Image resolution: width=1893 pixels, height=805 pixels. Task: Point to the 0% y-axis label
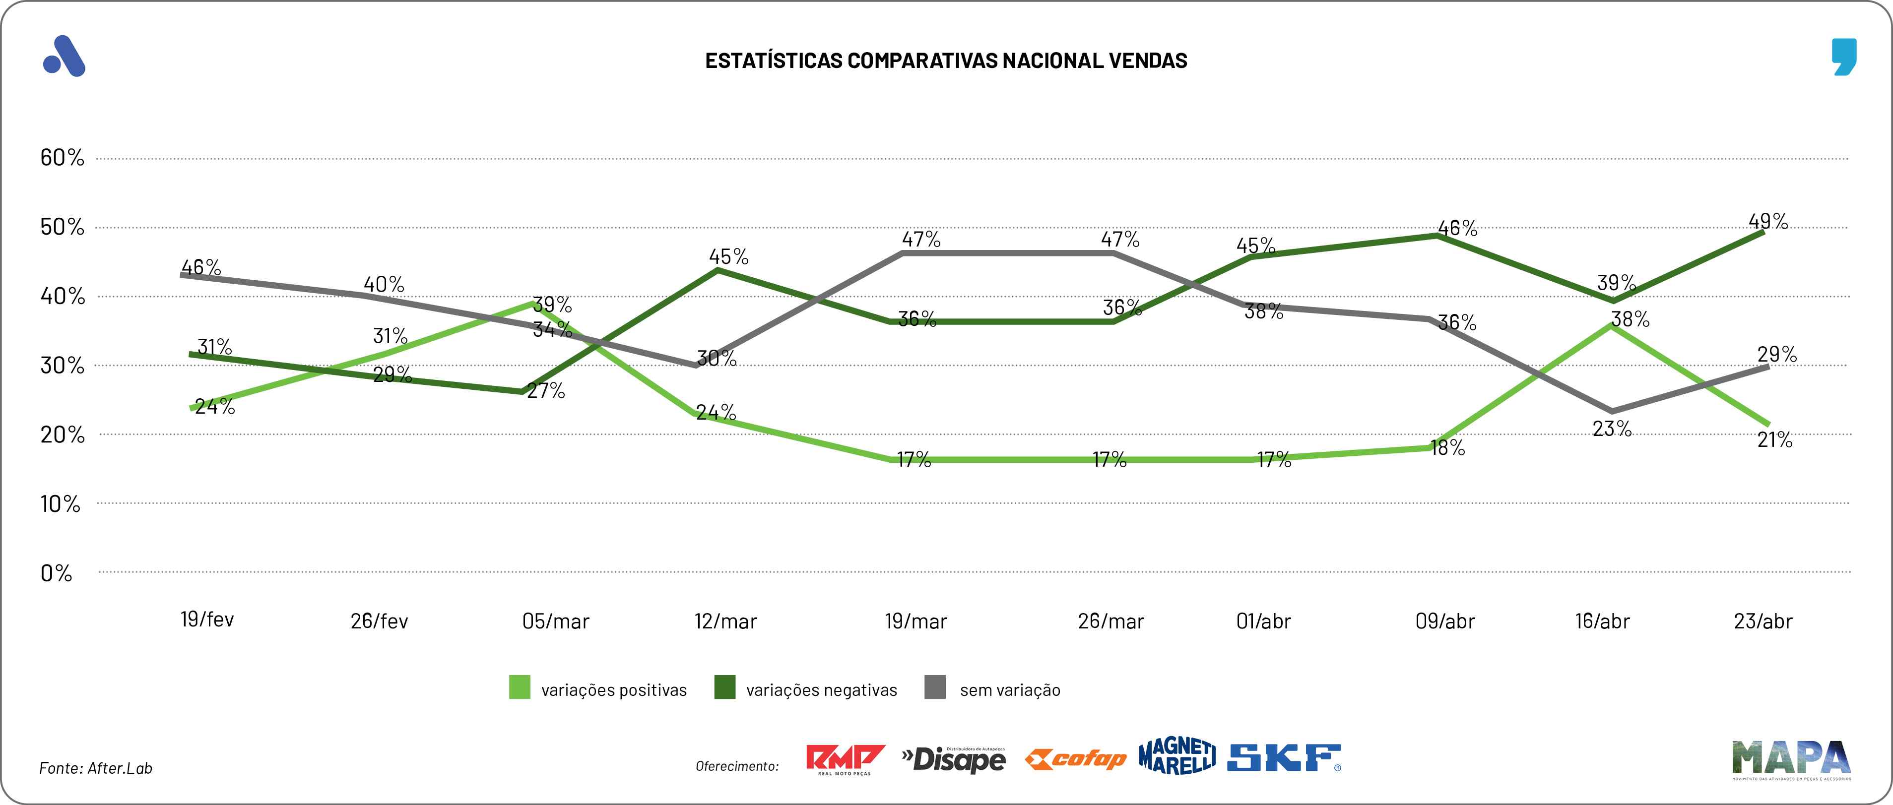(x=56, y=573)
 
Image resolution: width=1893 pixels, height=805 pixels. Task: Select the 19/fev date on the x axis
(x=207, y=619)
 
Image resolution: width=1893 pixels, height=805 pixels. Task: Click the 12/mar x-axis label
(x=725, y=621)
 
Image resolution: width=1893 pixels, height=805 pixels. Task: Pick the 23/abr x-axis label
(x=1763, y=621)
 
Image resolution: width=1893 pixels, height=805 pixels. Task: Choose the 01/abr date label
(x=1263, y=621)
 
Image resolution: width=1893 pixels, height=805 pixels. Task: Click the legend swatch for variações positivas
(x=520, y=687)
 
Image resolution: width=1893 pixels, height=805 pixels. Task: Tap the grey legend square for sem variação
(x=935, y=687)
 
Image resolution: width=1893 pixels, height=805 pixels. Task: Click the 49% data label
(x=1767, y=221)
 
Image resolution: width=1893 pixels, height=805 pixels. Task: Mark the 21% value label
(x=1775, y=440)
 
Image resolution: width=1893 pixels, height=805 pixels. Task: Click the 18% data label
(x=1448, y=448)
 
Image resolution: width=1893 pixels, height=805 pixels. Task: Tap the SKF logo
(x=1284, y=758)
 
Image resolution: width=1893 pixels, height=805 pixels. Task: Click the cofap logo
(x=1075, y=759)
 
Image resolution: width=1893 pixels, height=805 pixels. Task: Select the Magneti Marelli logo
(x=1176, y=756)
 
